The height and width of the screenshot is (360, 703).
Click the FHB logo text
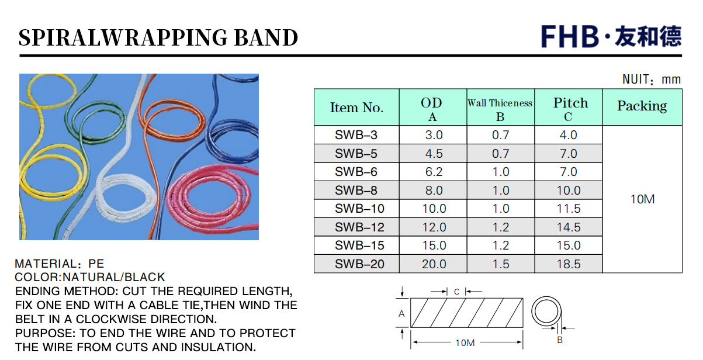(570, 36)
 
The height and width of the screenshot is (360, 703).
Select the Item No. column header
(356, 108)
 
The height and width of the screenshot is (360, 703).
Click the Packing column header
(642, 106)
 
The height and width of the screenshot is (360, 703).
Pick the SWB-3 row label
(356, 135)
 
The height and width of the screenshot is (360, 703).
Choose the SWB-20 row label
(359, 264)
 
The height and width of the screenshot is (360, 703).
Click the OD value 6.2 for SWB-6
(434, 172)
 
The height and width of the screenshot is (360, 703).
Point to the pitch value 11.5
(569, 209)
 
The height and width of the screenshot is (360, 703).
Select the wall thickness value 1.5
(501, 264)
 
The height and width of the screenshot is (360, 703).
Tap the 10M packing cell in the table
(642, 199)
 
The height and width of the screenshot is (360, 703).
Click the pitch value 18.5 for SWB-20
(569, 264)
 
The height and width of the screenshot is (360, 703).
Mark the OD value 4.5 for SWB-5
(434, 154)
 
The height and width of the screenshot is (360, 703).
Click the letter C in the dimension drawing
(456, 292)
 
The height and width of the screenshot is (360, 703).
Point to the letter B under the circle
(560, 340)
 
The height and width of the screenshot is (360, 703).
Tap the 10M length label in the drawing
(465, 342)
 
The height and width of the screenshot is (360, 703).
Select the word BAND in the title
(266, 37)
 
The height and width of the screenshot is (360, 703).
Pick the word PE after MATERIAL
(96, 264)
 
